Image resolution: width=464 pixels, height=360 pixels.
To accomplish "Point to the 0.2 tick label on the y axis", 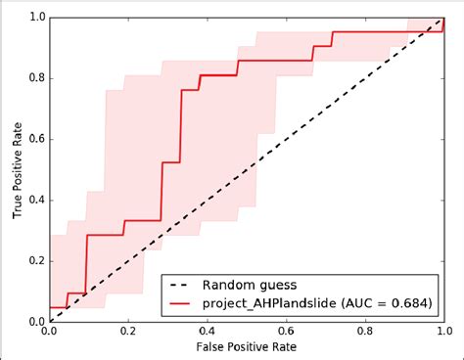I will pyautogui.click(x=34, y=260).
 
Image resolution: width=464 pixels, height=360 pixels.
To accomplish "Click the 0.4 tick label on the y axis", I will pyautogui.click(x=34, y=200).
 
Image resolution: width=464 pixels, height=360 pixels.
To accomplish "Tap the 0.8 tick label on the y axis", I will pyautogui.click(x=34, y=78).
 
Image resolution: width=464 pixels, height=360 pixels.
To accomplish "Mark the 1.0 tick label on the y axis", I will pyautogui.click(x=34, y=18).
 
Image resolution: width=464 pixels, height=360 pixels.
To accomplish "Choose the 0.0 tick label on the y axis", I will pyautogui.click(x=34, y=321).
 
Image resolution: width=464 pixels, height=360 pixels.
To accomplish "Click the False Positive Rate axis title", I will pyautogui.click(x=247, y=347).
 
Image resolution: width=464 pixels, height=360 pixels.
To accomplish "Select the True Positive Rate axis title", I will pyautogui.click(x=13, y=169).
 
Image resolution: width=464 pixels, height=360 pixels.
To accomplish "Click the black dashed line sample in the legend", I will pyautogui.click(x=180, y=285).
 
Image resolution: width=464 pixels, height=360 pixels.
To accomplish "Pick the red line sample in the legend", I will pyautogui.click(x=180, y=303).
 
